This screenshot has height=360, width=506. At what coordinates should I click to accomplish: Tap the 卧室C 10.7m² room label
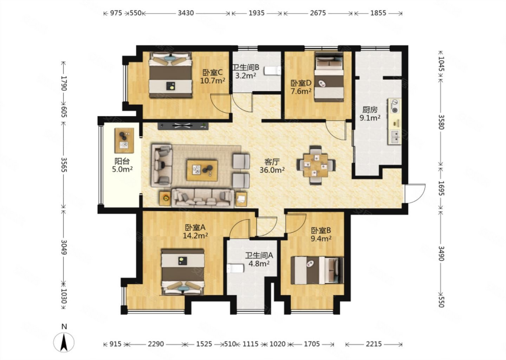tap(213, 77)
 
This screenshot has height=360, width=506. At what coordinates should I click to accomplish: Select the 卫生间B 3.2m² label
tap(246, 71)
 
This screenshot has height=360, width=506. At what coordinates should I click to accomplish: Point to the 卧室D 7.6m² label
tap(301, 87)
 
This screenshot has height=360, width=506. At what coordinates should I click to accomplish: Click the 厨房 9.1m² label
tap(370, 114)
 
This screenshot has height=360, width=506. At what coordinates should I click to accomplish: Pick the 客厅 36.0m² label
tap(272, 166)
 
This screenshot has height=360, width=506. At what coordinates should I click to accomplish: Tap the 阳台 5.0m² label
tap(122, 165)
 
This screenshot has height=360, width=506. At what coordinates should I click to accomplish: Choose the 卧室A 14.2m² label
tap(195, 231)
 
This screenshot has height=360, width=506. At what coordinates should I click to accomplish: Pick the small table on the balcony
tap(124, 140)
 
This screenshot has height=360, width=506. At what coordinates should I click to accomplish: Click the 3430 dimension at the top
tap(186, 13)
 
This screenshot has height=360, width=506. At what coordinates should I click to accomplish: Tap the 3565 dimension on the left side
tap(64, 165)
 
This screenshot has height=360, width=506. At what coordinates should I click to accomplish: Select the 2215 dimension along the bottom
tap(373, 344)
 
